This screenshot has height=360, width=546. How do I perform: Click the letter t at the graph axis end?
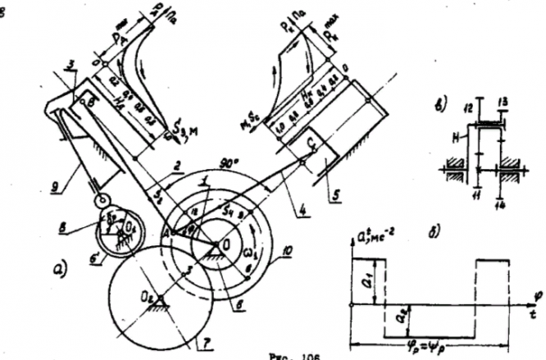point(534,312)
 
